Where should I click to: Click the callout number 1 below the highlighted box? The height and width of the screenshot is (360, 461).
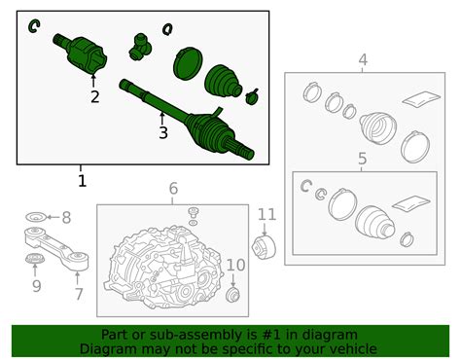(82, 181)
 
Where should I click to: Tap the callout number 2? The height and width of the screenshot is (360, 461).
(94, 96)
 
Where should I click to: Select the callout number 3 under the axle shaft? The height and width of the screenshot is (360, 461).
(163, 132)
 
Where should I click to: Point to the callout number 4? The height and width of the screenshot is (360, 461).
(363, 60)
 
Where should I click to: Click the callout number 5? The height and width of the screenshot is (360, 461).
(362, 159)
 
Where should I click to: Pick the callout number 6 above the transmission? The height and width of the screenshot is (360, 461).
(173, 188)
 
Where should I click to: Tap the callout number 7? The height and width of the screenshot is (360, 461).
(79, 294)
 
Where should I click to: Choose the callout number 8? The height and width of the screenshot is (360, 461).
(66, 218)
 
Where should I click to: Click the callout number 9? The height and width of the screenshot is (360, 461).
(37, 286)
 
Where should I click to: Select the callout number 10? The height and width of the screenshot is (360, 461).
(235, 265)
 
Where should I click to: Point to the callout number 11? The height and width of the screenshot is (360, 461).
(267, 215)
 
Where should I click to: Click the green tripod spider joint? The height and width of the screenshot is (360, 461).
(140, 47)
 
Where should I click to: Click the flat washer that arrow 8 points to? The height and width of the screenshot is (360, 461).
(36, 217)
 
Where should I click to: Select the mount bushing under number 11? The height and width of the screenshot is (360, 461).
(264, 248)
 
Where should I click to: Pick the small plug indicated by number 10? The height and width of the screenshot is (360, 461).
(232, 295)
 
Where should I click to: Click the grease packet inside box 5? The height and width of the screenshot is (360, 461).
(411, 203)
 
